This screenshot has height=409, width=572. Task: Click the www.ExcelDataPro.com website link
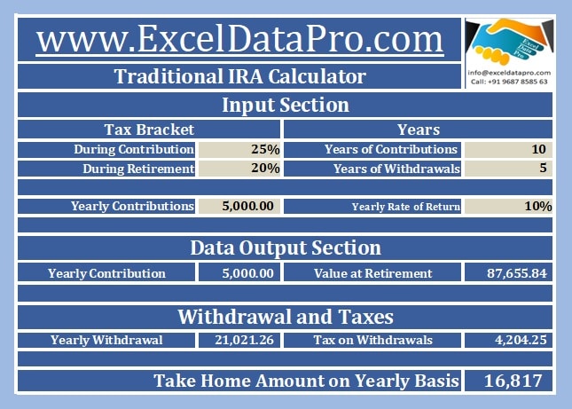coord(239,39)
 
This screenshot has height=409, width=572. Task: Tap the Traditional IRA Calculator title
coord(239,76)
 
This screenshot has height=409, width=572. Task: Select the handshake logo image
coord(510,42)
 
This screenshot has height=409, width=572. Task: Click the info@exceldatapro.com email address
coord(509,73)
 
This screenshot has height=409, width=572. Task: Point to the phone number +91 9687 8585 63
coord(517,82)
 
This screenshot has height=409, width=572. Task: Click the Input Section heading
coord(286,105)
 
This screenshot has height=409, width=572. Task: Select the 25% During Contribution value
coord(265,149)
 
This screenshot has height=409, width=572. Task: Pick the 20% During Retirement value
coord(265,169)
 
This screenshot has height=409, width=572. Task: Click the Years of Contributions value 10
coord(538,149)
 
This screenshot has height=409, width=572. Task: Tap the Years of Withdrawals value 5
coord(543,168)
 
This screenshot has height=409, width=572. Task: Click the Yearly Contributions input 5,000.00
coord(247,206)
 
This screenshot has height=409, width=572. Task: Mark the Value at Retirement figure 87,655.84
coord(516,273)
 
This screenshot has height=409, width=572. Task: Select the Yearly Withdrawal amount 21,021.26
coord(244,340)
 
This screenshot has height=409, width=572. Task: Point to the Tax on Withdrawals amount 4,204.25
coord(521,340)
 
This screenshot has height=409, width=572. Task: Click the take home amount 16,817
coord(513,381)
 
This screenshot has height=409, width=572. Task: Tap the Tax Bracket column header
coord(149,130)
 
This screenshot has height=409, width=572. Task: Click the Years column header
coord(419,130)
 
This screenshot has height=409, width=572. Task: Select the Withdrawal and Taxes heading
coord(286,317)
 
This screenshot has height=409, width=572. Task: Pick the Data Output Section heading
coord(286,248)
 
